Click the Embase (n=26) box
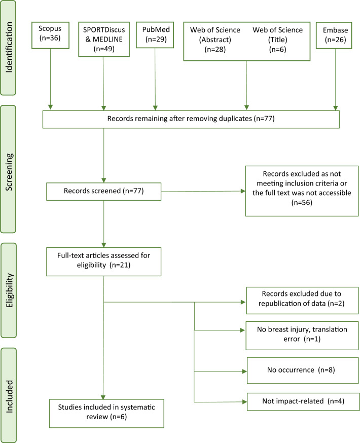point(335,33)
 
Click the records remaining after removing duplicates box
point(190,119)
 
